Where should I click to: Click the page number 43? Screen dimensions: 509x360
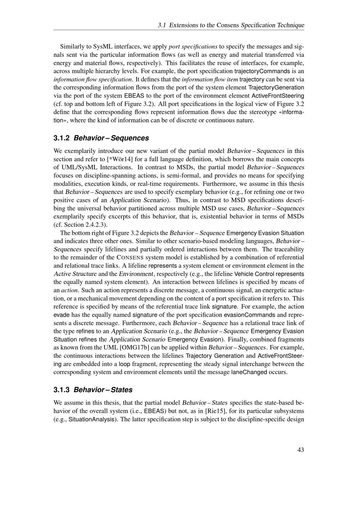tap(301, 450)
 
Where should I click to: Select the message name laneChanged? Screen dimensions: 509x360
tap(249, 372)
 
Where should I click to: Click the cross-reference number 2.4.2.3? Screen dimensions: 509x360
tap(96, 225)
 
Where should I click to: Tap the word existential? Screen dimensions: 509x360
tap(217, 216)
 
